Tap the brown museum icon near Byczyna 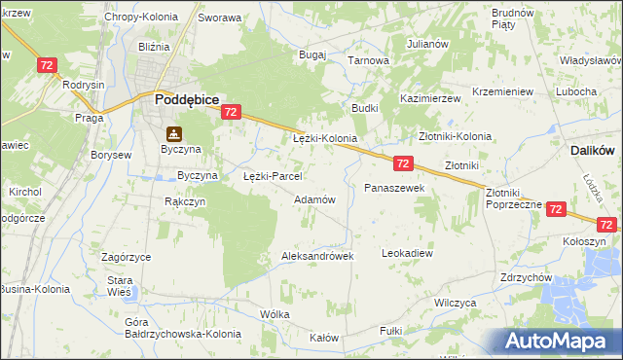[173, 133]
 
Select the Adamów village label [314, 199]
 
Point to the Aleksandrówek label [316, 256]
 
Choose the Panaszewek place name [394, 187]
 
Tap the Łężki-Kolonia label [325, 139]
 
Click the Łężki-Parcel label [273, 177]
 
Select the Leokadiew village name [407, 253]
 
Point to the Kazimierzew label [430, 100]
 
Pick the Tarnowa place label [369, 60]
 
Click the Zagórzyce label [126, 257]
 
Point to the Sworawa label [219, 18]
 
